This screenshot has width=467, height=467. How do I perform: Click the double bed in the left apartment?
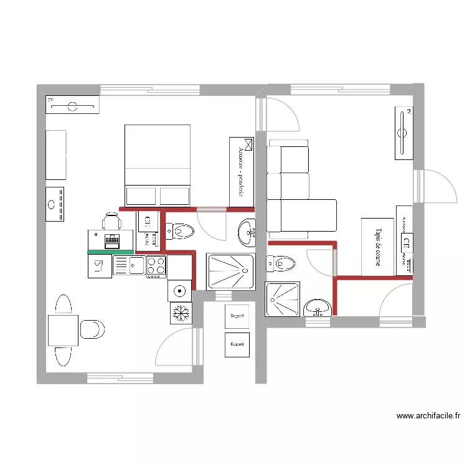point(158,164)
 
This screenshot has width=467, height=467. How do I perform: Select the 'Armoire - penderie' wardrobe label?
point(242,171)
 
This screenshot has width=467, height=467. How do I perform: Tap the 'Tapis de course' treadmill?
point(377,247)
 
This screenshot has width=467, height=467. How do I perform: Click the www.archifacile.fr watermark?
point(428,416)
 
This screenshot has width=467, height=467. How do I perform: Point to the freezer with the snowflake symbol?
point(180,313)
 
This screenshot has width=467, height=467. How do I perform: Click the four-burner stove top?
point(156,267)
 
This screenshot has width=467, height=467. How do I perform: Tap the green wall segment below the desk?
point(111,252)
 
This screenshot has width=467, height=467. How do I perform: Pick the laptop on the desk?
point(113,240)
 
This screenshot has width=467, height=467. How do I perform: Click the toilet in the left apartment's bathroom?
point(180,232)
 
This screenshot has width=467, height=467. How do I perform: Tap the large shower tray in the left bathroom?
point(230,271)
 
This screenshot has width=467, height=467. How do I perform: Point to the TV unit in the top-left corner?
point(72,105)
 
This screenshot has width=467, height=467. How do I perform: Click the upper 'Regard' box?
point(237,316)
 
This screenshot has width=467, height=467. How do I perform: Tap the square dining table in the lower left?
point(63,330)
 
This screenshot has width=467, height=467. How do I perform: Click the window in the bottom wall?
point(120,377)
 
